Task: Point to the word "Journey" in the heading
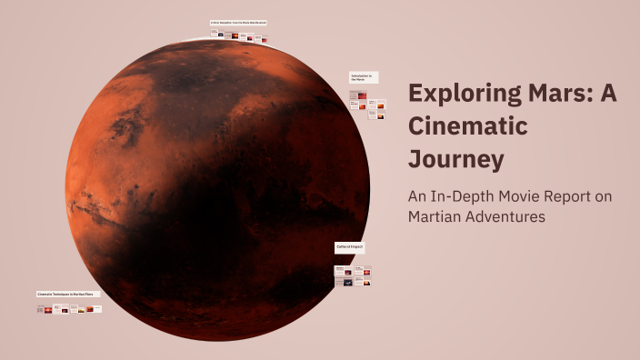(455, 159)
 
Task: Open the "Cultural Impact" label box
(350, 247)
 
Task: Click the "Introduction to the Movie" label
(364, 78)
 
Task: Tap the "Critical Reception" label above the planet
(238, 23)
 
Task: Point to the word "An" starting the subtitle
(417, 196)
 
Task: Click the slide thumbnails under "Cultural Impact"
(353, 275)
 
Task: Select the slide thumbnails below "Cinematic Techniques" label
(69, 309)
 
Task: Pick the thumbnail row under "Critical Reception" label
(239, 35)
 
